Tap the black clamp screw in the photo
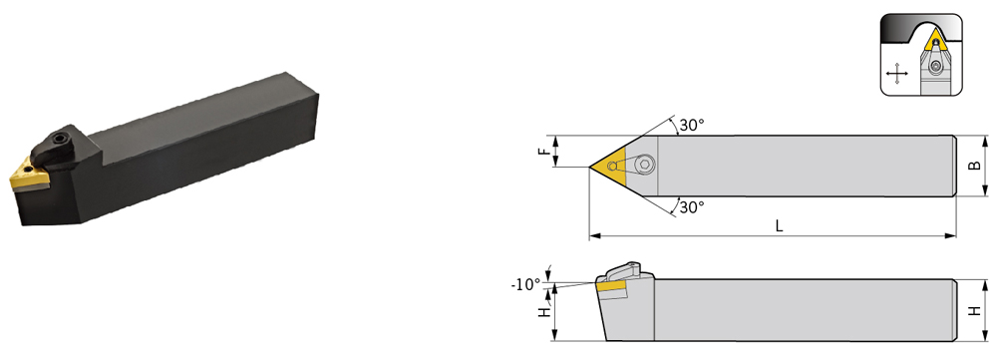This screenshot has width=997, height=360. click(61, 138)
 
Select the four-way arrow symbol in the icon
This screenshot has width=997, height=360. click(896, 74)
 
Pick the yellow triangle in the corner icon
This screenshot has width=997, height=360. click(935, 41)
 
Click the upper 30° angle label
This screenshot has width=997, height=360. click(692, 126)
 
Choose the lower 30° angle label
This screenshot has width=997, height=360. click(692, 207)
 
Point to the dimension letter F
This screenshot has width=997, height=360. click(542, 152)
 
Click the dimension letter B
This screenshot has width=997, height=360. click(973, 166)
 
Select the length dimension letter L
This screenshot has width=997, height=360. click(779, 226)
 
